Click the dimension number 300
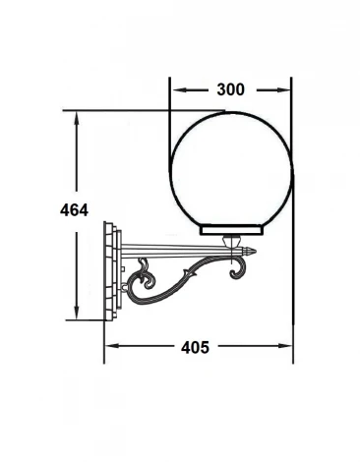coord(230,89)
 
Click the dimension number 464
coord(74,210)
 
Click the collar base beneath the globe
coord(233,231)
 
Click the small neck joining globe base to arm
coord(233,243)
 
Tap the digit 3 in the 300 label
coord(220,89)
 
